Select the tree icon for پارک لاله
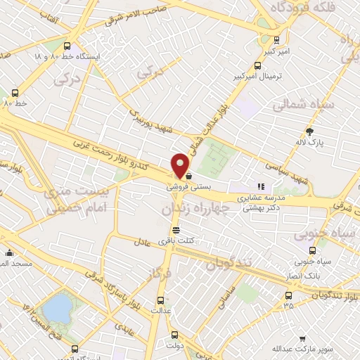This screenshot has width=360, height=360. pos(309,131)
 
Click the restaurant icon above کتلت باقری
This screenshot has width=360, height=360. pos(175,230)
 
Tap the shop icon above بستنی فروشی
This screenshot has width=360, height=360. pos(188,179)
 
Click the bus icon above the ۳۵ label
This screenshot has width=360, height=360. pos(288,295)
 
